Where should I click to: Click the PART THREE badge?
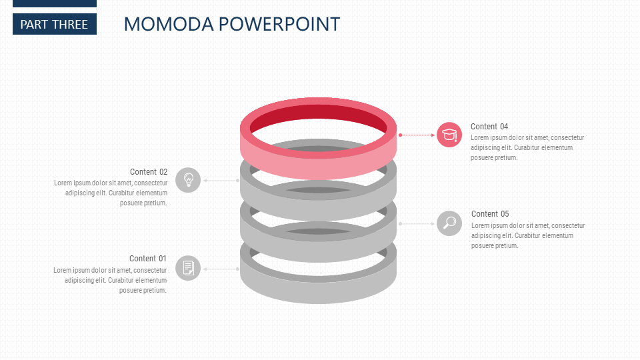(x=54, y=24)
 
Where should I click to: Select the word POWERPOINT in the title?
(x=279, y=24)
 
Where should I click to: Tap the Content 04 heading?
(x=489, y=126)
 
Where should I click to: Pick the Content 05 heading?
(x=490, y=213)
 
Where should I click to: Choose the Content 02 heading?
(x=149, y=171)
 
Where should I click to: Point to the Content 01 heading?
(x=148, y=258)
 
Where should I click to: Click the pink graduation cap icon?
(x=449, y=135)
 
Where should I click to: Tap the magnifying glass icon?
(x=449, y=223)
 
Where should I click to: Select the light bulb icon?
(x=188, y=180)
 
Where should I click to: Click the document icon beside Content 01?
(x=188, y=268)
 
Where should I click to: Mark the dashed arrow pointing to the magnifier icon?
(x=417, y=223)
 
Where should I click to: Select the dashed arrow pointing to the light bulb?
(x=221, y=180)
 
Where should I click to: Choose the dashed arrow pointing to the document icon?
(x=221, y=269)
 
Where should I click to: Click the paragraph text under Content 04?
(x=527, y=147)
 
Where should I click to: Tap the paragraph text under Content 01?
(x=111, y=280)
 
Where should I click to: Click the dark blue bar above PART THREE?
(x=54, y=3)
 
